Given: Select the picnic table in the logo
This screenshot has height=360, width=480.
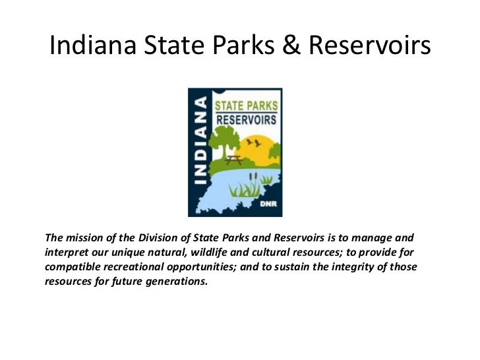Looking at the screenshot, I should click(234, 159).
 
